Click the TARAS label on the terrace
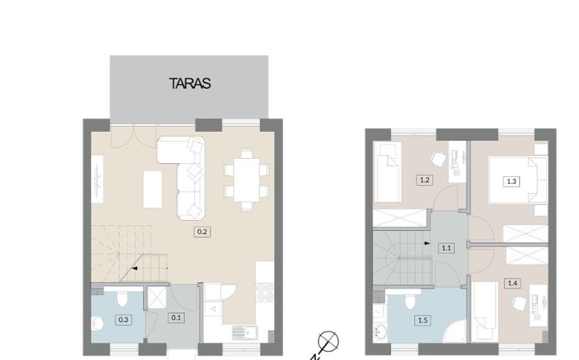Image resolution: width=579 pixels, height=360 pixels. (x=190, y=83)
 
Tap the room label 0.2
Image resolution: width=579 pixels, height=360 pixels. (x=202, y=232)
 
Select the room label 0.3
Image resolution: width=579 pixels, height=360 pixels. (x=123, y=319)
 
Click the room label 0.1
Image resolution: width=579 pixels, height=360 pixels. (x=176, y=318)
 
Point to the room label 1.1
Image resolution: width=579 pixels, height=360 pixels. (x=446, y=248)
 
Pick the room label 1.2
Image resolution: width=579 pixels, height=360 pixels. (x=424, y=180)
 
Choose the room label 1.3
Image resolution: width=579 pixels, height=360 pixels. (x=512, y=181)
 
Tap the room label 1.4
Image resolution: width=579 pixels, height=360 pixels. (x=513, y=283)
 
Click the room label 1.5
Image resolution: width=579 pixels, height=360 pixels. (x=423, y=320)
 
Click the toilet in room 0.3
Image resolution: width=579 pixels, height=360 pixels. (x=123, y=298)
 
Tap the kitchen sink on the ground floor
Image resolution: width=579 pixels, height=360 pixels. (x=245, y=332)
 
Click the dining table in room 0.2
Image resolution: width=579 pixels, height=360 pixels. (x=246, y=180)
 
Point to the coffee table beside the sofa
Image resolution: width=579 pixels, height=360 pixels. (x=153, y=189)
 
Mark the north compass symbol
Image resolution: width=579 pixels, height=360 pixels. (x=328, y=341)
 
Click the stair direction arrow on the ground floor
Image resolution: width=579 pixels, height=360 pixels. (x=135, y=268)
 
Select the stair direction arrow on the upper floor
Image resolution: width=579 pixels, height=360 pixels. (x=427, y=243)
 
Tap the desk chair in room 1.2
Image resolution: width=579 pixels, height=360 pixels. (x=438, y=160)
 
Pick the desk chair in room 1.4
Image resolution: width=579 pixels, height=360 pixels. (x=518, y=304)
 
